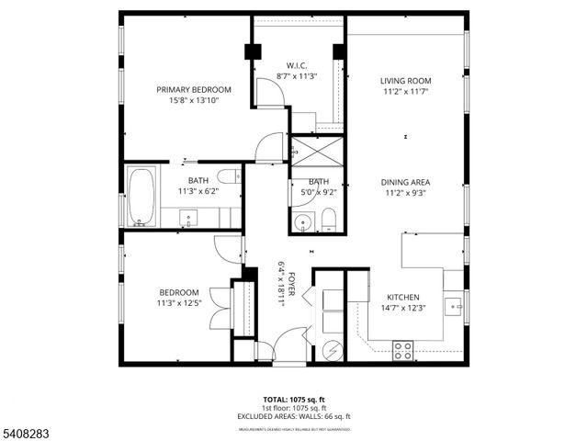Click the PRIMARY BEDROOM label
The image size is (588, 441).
(x=193, y=90)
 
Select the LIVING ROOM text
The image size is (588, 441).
(x=405, y=81)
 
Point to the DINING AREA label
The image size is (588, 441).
(x=405, y=182)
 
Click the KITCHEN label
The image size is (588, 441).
(x=402, y=298)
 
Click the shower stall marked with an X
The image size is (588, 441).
(x=315, y=150)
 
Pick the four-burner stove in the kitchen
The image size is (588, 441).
(x=402, y=350)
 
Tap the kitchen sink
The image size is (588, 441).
(x=452, y=304)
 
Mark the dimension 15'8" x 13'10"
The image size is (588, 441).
(x=193, y=101)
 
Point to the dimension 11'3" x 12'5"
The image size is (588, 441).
(x=179, y=303)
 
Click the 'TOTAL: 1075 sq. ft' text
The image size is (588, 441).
(x=294, y=400)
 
